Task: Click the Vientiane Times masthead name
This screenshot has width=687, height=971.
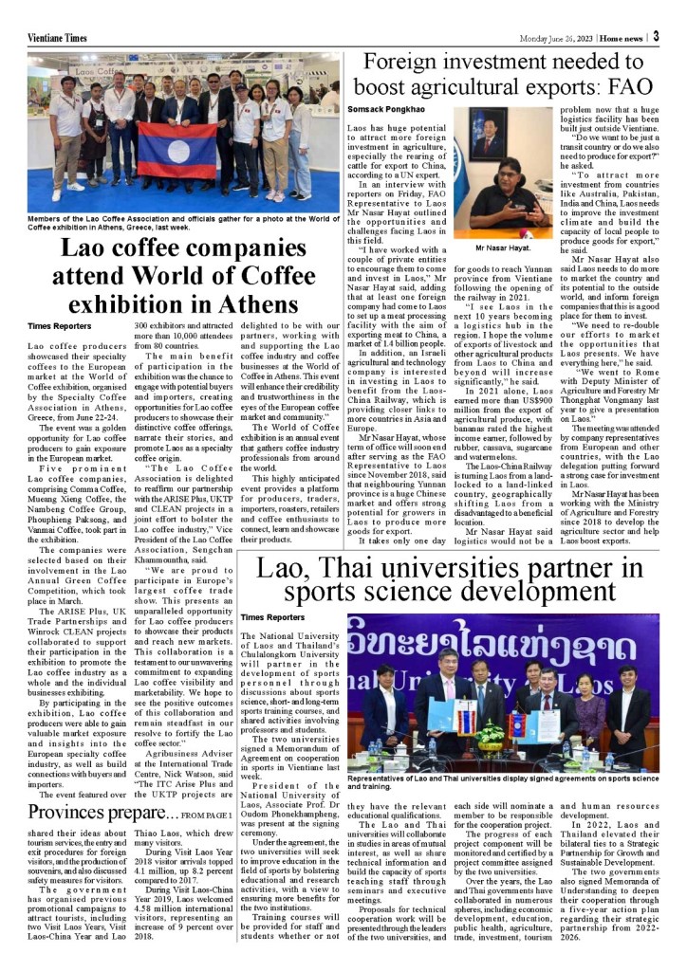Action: coord(58,37)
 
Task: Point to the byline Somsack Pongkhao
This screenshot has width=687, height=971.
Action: coord(387,109)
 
